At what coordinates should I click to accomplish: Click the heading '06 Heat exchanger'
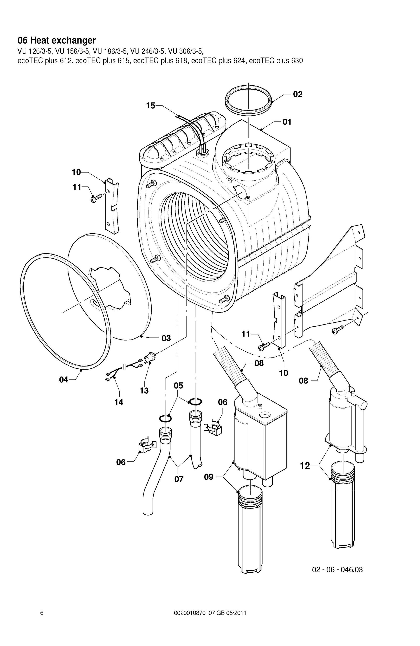pyautogui.click(x=57, y=40)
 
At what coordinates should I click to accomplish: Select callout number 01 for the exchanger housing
pyautogui.click(x=287, y=122)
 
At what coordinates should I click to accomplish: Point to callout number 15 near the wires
pyautogui.click(x=150, y=105)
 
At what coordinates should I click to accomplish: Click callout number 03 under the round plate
pyautogui.click(x=166, y=338)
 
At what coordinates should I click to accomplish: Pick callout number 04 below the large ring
pyautogui.click(x=64, y=379)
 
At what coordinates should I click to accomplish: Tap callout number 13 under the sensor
pyautogui.click(x=144, y=390)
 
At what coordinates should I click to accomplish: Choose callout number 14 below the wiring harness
pyautogui.click(x=119, y=402)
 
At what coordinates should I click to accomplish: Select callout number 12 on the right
pyautogui.click(x=305, y=466)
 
